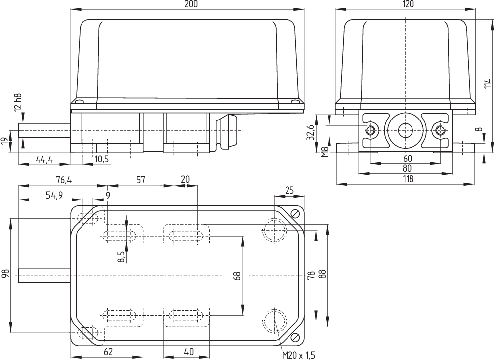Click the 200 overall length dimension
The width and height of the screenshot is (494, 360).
[192, 4]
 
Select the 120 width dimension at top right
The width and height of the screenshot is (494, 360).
[408, 4]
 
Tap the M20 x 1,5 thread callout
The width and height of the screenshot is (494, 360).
[298, 355]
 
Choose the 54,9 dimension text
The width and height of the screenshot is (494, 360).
[54, 195]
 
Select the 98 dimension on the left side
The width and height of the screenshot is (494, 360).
[5, 275]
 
